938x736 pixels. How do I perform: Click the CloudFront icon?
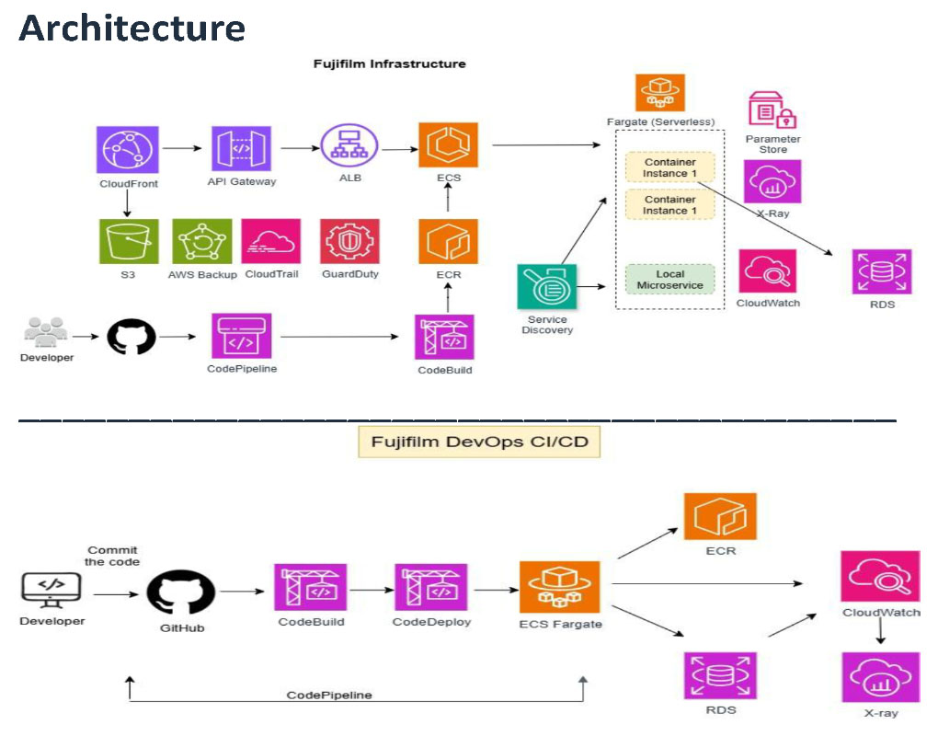(128, 150)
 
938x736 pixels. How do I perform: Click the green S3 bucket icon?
(129, 241)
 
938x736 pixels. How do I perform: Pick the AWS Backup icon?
(200, 241)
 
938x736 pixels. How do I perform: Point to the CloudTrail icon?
(271, 241)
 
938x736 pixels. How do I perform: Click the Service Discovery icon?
(547, 288)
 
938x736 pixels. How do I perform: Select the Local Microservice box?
(670, 280)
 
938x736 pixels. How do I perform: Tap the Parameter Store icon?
(772, 110)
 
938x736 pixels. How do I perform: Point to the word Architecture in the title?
(132, 28)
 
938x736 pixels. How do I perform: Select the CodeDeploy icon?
(431, 588)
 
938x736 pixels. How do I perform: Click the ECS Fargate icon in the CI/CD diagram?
(559, 587)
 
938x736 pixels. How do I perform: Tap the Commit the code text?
(112, 556)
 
